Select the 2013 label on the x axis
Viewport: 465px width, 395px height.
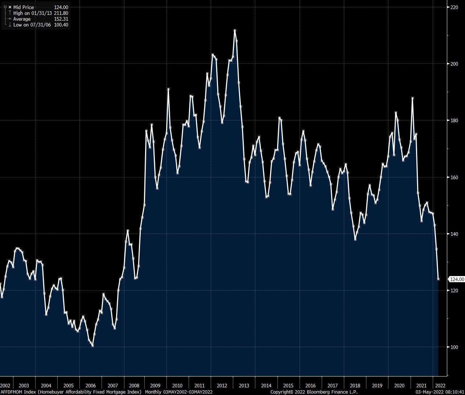(x=244, y=386)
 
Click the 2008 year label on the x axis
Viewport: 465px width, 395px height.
(x=134, y=386)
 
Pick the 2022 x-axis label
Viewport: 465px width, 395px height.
(x=440, y=386)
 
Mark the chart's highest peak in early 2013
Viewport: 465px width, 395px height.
(x=235, y=30)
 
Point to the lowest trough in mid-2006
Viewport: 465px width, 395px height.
(x=93, y=346)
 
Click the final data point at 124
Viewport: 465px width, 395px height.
(x=439, y=279)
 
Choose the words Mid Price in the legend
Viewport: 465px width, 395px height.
(x=24, y=7)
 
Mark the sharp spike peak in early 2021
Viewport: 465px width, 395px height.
(x=412, y=98)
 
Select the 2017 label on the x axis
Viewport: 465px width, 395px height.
(x=332, y=386)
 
